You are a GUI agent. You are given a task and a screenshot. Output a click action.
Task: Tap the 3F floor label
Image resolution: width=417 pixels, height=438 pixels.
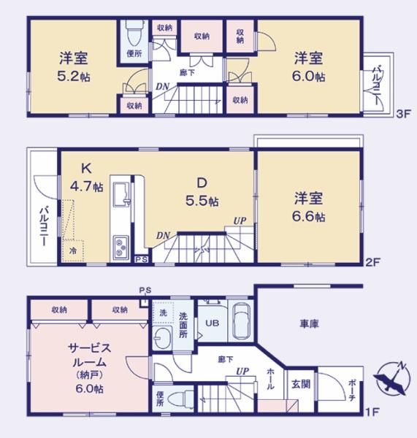[x=403, y=114]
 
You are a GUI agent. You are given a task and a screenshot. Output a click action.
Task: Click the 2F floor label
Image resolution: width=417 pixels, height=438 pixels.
[x=373, y=262]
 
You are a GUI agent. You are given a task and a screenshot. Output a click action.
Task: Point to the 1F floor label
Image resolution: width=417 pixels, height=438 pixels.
[x=372, y=412]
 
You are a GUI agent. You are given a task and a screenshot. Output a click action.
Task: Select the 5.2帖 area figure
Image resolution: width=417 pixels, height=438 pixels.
[x=74, y=76]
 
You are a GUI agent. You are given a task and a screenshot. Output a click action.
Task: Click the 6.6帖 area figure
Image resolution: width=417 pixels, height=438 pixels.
[x=309, y=217]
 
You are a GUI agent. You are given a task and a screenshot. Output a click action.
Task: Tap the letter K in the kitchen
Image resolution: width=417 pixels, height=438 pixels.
[x=86, y=169]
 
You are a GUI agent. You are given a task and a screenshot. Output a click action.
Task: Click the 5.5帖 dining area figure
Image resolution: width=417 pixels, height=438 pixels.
[x=202, y=201]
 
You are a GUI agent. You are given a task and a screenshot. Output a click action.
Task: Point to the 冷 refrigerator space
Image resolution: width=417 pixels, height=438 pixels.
[x=73, y=250]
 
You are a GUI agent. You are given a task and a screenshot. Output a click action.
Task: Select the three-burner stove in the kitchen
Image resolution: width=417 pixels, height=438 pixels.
[x=121, y=247]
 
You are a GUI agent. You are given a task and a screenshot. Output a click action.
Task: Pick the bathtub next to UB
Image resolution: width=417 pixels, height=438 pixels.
[x=241, y=320]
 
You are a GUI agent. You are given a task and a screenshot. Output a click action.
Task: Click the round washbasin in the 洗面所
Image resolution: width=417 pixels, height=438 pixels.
[x=162, y=338]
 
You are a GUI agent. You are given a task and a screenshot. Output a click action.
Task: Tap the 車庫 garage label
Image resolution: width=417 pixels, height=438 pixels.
[x=310, y=323]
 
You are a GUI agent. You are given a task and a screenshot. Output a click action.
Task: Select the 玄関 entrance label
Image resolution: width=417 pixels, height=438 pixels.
[x=301, y=385]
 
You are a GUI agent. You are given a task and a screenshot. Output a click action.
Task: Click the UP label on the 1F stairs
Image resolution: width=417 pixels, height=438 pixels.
[x=242, y=372]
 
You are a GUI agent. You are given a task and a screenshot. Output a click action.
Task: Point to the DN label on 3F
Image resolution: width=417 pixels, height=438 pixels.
[x=162, y=87]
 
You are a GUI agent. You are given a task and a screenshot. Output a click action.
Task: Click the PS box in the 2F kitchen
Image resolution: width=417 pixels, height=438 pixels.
[x=142, y=259]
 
